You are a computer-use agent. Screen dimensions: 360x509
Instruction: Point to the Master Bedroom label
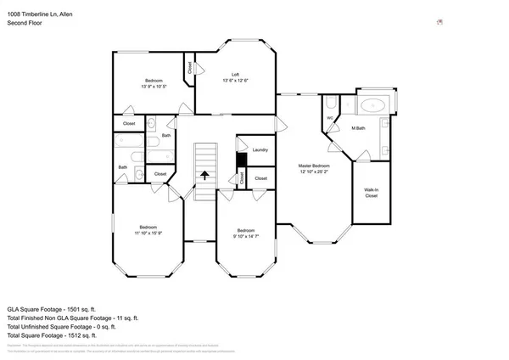click(313, 165)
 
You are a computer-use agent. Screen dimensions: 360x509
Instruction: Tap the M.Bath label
click(358, 128)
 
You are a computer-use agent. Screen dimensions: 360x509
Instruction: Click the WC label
click(330, 118)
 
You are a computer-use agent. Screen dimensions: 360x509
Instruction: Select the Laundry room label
click(260, 150)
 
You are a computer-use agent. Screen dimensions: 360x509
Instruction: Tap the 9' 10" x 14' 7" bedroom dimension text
click(246, 236)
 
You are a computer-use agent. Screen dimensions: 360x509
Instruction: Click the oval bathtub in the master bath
click(372, 106)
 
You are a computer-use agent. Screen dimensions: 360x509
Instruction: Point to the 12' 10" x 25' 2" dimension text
click(313, 171)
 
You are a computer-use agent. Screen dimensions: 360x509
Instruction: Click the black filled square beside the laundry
click(241, 159)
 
